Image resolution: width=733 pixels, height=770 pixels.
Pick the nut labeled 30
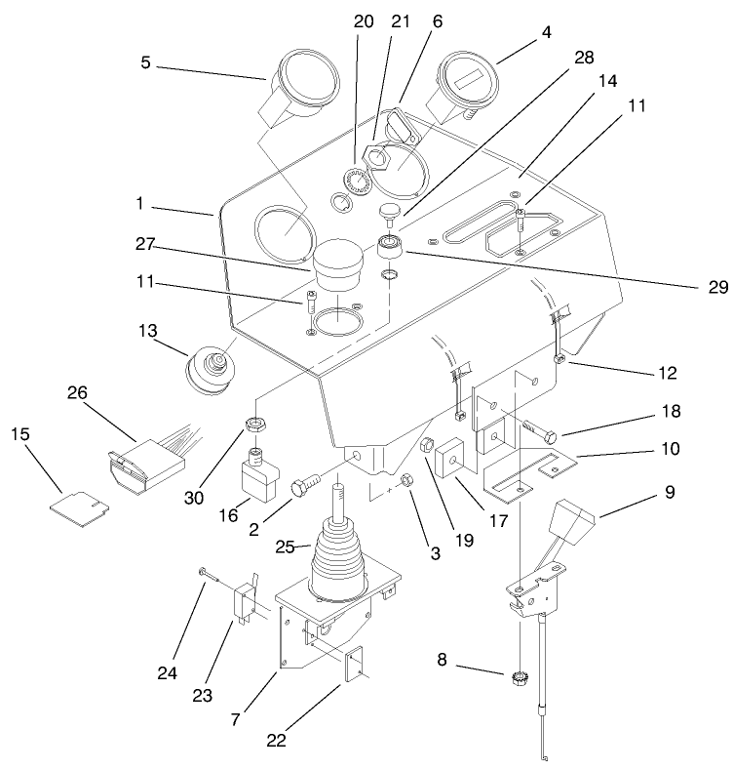pyautogui.click(x=257, y=425)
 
